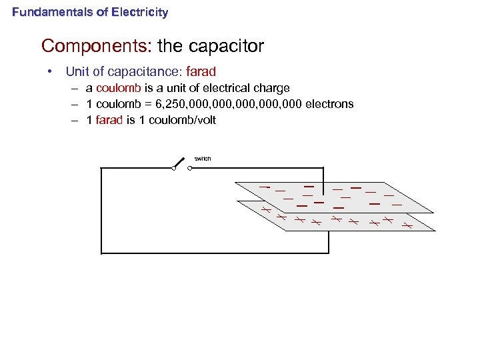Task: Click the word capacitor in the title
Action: (227, 46)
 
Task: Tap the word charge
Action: (271, 88)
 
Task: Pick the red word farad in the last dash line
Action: (109, 121)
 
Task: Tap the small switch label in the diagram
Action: (203, 158)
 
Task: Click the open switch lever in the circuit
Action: (180, 162)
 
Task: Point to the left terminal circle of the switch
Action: (173, 168)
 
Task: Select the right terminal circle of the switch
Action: (190, 168)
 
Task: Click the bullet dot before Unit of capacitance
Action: (49, 71)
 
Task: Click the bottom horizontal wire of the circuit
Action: (213, 253)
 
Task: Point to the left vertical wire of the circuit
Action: (101, 210)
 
